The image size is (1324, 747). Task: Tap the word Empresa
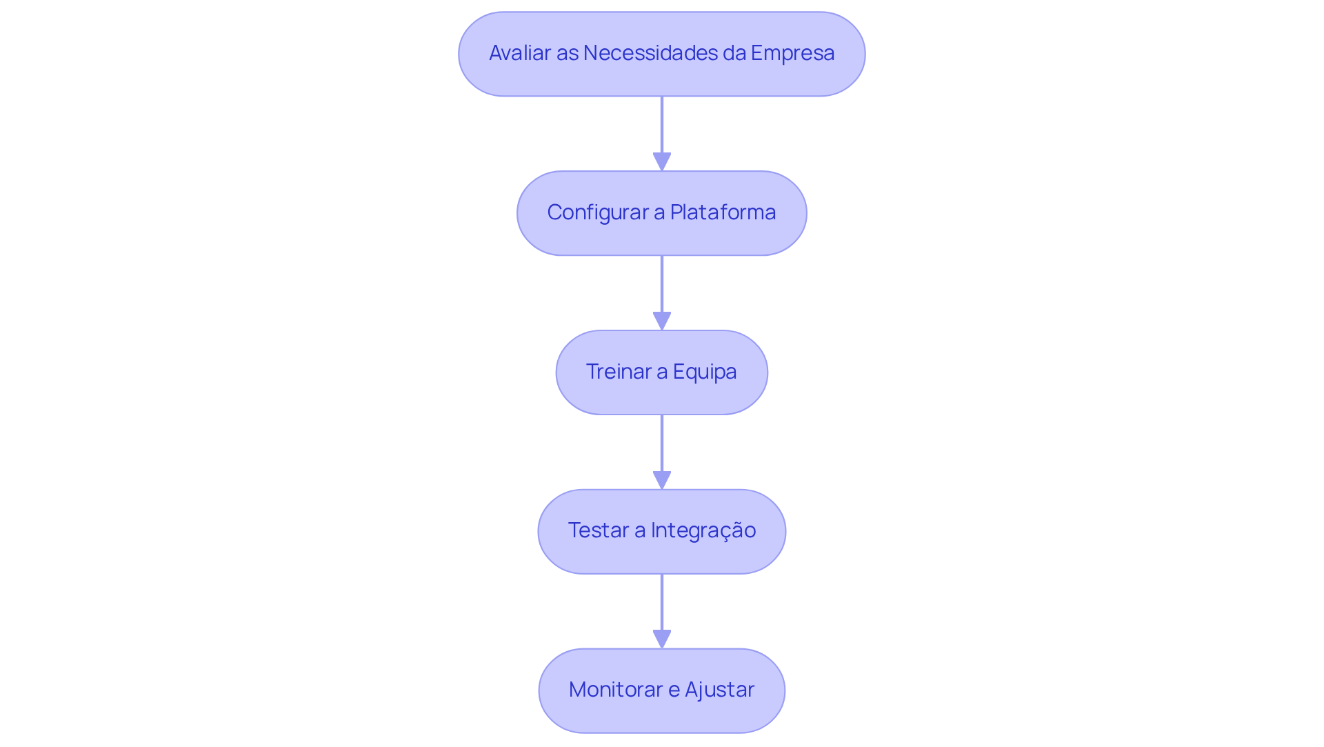click(792, 53)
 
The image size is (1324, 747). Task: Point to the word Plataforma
click(723, 212)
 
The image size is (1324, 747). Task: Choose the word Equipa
click(705, 372)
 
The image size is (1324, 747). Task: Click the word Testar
click(598, 530)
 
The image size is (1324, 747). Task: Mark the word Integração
click(703, 530)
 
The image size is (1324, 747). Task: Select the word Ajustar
click(719, 690)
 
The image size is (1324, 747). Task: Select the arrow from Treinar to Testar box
click(662, 444)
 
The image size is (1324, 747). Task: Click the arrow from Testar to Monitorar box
click(662, 604)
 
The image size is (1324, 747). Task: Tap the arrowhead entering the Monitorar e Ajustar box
click(662, 639)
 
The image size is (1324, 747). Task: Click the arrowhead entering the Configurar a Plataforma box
click(662, 162)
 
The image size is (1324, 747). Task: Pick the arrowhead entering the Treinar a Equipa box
click(662, 321)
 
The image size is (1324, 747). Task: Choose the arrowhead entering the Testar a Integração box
click(662, 481)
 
